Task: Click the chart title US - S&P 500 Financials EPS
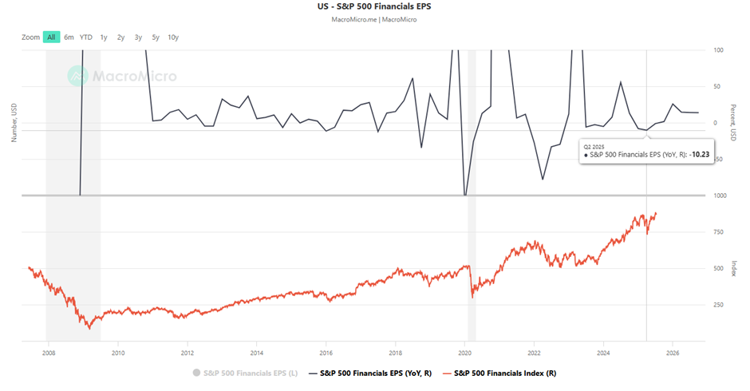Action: pyautogui.click(x=374, y=6)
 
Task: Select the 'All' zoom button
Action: pyautogui.click(x=51, y=37)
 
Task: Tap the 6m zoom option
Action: pyautogui.click(x=69, y=37)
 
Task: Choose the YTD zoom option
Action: pyautogui.click(x=86, y=37)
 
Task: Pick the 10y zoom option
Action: pyautogui.click(x=173, y=37)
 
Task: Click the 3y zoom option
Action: pyautogui.click(x=138, y=37)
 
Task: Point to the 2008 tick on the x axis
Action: pyautogui.click(x=49, y=352)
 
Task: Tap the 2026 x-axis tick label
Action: pyautogui.click(x=673, y=352)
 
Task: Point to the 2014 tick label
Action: pyautogui.click(x=256, y=352)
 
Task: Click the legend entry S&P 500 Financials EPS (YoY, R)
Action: pyautogui.click(x=375, y=373)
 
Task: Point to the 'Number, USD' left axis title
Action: pyautogui.click(x=14, y=122)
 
